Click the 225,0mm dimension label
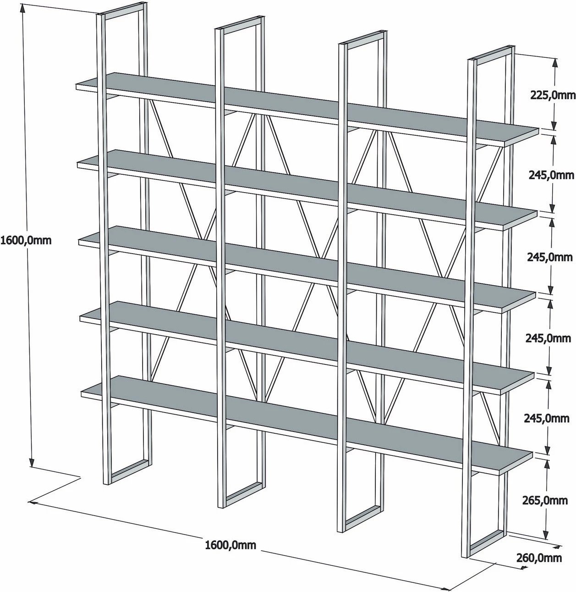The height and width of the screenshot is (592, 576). coord(553,95)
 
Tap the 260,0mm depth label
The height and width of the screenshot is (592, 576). coord(539,558)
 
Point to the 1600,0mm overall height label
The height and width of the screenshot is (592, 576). coord(26,240)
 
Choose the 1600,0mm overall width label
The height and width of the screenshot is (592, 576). coord(230,545)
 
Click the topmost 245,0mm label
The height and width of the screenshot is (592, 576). coord(551,175)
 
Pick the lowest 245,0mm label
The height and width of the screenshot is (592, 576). coord(546,419)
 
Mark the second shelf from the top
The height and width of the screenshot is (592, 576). coord(307,188)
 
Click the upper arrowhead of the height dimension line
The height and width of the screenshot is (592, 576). coord(22,11)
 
